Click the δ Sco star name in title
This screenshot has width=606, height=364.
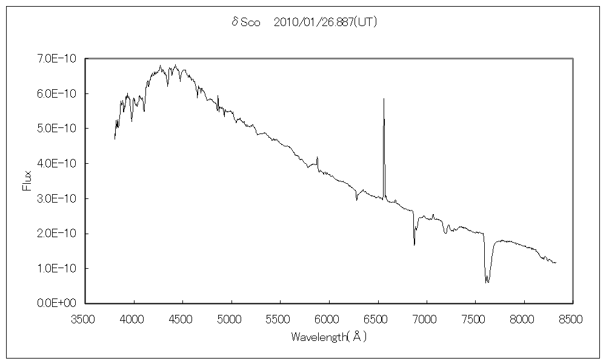pos(245,22)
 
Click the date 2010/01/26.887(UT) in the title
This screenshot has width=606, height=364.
pos(326,22)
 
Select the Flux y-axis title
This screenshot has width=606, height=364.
pos(27,180)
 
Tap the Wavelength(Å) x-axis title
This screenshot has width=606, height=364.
pos(329,336)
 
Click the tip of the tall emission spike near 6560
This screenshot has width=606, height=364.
pos(384,98)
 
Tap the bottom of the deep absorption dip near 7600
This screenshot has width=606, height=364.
pos(487,283)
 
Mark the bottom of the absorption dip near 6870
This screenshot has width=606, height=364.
pos(415,244)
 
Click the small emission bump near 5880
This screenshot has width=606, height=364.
pos(317,158)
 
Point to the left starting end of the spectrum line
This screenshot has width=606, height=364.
pos(115,139)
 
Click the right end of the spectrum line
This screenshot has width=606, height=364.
pos(556,263)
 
